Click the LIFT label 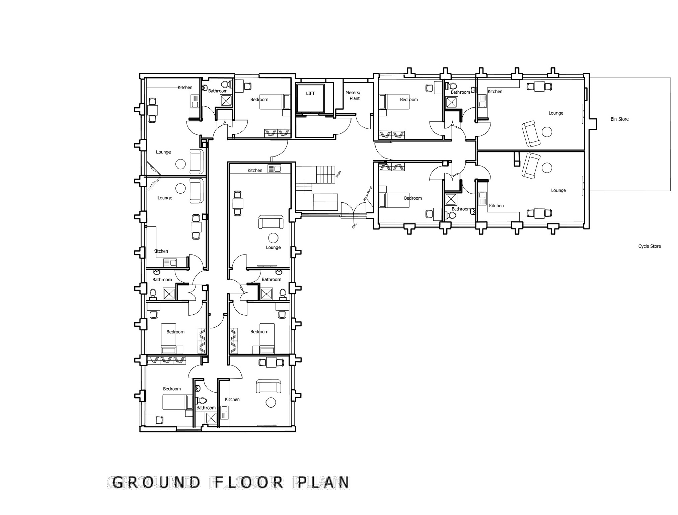pyautogui.click(x=310, y=93)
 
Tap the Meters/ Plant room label pyautogui.click(x=353, y=95)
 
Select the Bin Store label pyautogui.click(x=619, y=119)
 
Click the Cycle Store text pyautogui.click(x=649, y=246)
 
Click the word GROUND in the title pyautogui.click(x=156, y=482)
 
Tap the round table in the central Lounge pyautogui.click(x=273, y=238)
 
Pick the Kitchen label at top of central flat pyautogui.click(x=255, y=171)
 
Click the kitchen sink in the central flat pyautogui.click(x=274, y=169)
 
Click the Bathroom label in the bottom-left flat pyautogui.click(x=206, y=408)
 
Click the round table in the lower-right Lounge pyautogui.click(x=547, y=168)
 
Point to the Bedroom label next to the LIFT pyautogui.click(x=259, y=100)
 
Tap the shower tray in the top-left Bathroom pyautogui.click(x=226, y=101)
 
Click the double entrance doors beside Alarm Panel pyautogui.click(x=354, y=210)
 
